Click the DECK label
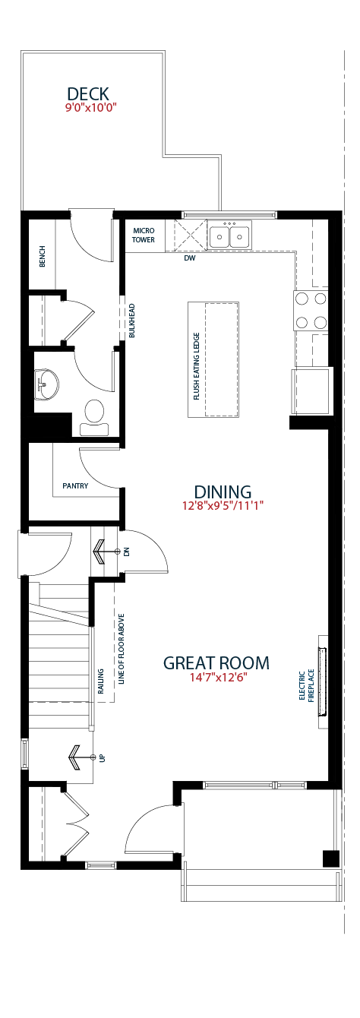point(88,94)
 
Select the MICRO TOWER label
point(144,235)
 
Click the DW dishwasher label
point(189,258)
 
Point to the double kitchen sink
point(229,236)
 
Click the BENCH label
point(43,256)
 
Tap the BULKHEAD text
point(132,321)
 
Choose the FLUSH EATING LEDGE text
point(197,366)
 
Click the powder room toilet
point(94,417)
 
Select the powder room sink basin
point(46,385)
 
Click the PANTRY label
point(75,485)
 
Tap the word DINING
point(223,492)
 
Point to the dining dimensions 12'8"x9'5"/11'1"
point(223,505)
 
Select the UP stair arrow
point(82,757)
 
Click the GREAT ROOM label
point(216,662)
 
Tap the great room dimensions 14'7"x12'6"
point(218,677)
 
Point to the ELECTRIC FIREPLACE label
point(307,686)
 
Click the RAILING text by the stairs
point(101,681)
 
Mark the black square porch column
point(331,858)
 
